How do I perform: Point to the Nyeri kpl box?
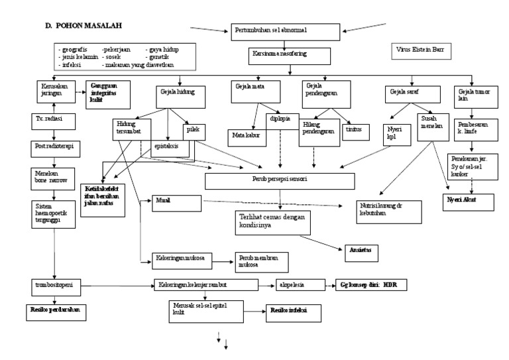click(x=398, y=135)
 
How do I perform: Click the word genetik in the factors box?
click(x=158, y=57)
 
